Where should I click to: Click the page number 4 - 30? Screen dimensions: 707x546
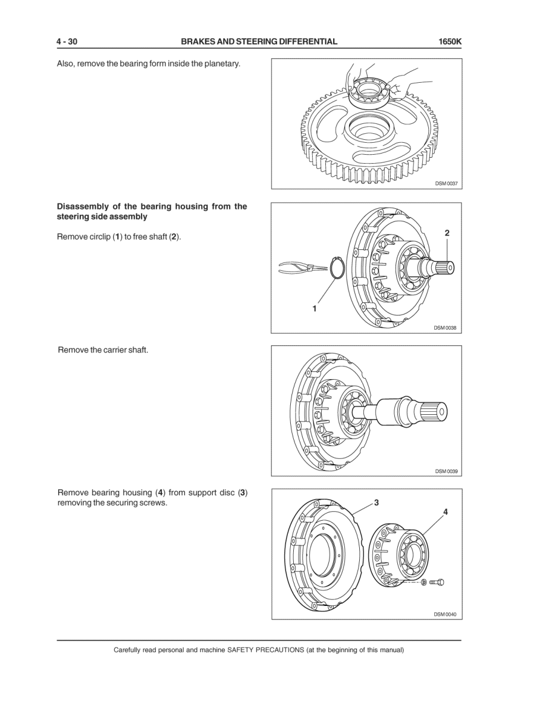pyautogui.click(x=67, y=42)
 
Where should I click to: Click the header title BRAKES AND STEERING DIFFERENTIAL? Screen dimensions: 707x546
pyautogui.click(x=259, y=42)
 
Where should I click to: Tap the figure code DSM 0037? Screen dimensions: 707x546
pyautogui.click(x=446, y=184)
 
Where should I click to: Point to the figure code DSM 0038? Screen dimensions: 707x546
pyautogui.click(x=445, y=328)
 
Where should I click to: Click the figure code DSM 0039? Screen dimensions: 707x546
pyautogui.click(x=446, y=471)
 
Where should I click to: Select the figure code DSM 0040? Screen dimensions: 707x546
pyautogui.click(x=445, y=614)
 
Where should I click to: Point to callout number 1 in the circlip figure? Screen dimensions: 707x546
pyautogui.click(x=314, y=309)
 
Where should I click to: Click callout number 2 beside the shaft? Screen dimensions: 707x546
pyautogui.click(x=447, y=233)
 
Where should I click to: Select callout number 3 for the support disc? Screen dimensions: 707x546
pyautogui.click(x=376, y=502)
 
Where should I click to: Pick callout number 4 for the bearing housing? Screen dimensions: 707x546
pyautogui.click(x=445, y=512)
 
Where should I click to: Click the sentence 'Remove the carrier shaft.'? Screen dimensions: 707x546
pyautogui.click(x=103, y=350)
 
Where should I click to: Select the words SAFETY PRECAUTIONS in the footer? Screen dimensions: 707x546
pyautogui.click(x=265, y=650)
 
